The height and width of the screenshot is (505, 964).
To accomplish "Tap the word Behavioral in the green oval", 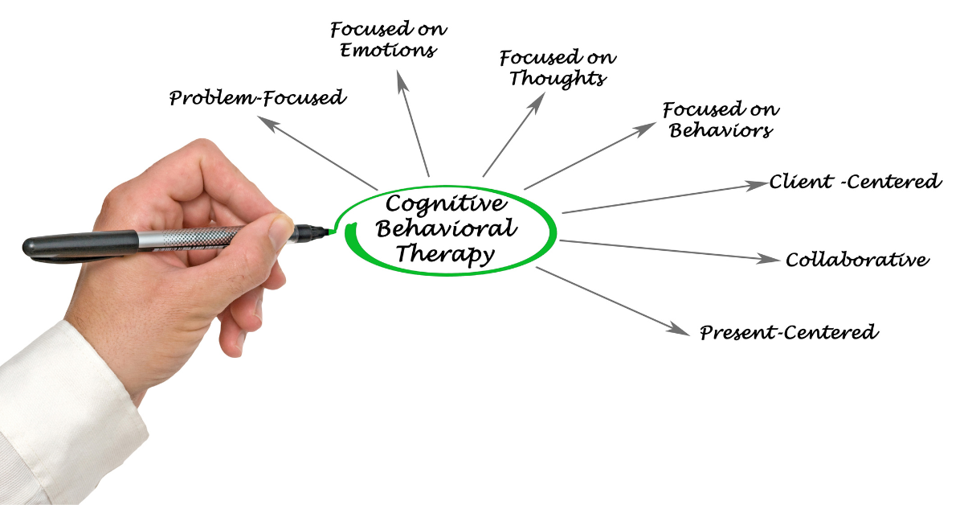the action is (x=447, y=228).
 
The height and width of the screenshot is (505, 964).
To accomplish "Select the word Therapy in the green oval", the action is (x=445, y=253).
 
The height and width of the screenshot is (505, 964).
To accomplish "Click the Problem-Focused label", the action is (x=257, y=98).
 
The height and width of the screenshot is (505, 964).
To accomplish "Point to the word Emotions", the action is (x=388, y=51).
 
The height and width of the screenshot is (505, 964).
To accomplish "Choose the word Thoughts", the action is (x=558, y=79).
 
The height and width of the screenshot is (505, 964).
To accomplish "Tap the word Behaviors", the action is (x=721, y=130).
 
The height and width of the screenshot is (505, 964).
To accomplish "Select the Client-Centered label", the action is (x=855, y=182).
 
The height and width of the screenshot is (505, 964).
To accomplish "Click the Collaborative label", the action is (x=857, y=260).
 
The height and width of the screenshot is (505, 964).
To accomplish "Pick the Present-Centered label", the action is (x=789, y=333).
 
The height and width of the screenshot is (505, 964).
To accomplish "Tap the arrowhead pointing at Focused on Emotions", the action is (x=402, y=81).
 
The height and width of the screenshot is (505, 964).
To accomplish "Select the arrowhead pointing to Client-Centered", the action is (x=757, y=185).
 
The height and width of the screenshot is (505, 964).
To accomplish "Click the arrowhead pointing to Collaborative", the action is (x=768, y=260).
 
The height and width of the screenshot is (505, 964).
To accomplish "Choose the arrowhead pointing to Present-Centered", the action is (x=678, y=329).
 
